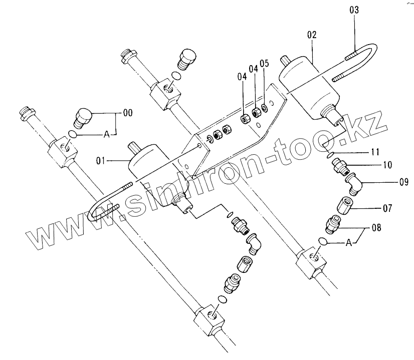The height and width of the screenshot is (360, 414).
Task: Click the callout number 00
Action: point(127,114)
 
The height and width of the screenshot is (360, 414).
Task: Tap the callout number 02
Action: point(312,35)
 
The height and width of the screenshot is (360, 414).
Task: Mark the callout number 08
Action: point(375,228)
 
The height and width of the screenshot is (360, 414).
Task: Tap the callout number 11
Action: point(375,151)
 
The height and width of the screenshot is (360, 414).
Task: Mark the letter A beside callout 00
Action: point(106,134)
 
